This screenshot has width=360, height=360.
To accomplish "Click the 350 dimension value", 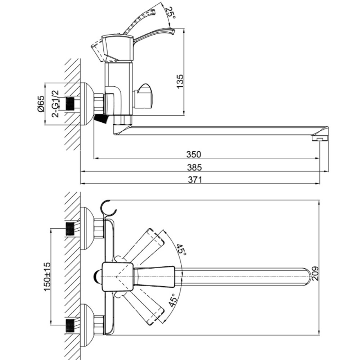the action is [x=194, y=154].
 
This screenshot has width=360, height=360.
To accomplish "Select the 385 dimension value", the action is [x=194, y=167].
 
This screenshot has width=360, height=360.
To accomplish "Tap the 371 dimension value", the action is [x=195, y=179].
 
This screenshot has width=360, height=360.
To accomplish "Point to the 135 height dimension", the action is [x=180, y=81].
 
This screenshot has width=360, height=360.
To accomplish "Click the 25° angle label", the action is [x=171, y=13].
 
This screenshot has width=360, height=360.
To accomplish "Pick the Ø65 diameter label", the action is [x=41, y=104].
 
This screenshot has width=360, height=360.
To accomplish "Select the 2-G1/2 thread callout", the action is [x=55, y=104].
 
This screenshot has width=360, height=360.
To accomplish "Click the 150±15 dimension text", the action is [x=47, y=276].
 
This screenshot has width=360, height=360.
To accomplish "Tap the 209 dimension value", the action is [x=315, y=273].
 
